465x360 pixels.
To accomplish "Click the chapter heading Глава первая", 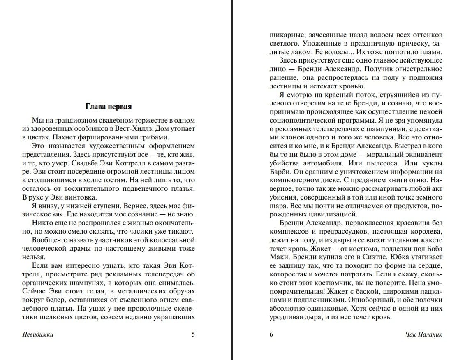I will click(108, 107).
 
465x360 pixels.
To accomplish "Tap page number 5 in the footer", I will click(193, 334).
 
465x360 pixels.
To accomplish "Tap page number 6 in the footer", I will click(271, 334).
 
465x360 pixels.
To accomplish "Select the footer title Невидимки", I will click(38, 334).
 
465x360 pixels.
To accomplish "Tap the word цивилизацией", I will click(331, 214).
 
